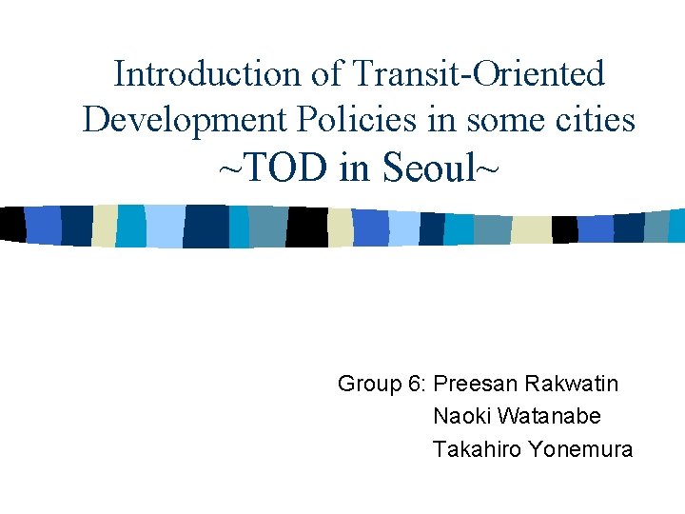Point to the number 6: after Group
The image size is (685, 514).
pyautogui.click(x=417, y=385)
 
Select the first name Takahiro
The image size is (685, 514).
pyautogui.click(x=474, y=449)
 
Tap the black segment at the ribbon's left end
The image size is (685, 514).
pyautogui.click(x=12, y=224)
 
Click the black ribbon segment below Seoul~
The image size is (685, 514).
pyautogui.click(x=306, y=227)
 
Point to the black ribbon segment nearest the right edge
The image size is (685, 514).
pyautogui.click(x=564, y=229)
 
